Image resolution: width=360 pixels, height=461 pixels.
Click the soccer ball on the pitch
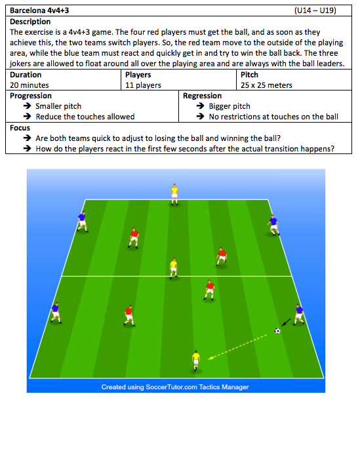tap(277, 331)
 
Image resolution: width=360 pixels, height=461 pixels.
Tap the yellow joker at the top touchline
tap(174, 194)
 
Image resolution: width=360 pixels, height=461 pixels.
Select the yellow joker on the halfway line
tap(174, 268)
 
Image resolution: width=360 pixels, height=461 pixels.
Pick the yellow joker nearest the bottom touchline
tap(195, 361)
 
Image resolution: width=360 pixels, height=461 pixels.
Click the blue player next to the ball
tap(299, 314)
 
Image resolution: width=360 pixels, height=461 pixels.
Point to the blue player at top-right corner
tap(273, 225)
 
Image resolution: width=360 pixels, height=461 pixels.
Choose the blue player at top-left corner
tap(82, 222)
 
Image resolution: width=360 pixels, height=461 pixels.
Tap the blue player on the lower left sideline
tap(56, 313)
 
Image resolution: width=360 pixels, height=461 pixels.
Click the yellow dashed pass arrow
tap(237, 347)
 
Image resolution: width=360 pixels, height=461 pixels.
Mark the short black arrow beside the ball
tap(286, 323)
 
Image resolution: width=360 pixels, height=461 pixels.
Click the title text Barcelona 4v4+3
tap(39, 10)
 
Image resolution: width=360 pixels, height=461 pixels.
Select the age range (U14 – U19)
tap(315, 10)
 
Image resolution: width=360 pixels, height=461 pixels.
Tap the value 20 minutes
tap(30, 85)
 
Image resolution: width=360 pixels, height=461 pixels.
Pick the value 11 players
tap(143, 85)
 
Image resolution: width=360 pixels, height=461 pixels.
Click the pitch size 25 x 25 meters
tap(266, 85)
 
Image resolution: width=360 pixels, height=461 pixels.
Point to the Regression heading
tap(202, 96)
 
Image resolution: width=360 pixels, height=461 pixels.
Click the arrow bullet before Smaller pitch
tap(28, 106)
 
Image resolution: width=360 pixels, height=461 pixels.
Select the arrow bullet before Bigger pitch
tap(201, 106)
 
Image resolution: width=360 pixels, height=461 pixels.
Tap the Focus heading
tap(20, 128)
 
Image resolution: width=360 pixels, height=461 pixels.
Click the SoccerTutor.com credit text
tap(175, 387)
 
